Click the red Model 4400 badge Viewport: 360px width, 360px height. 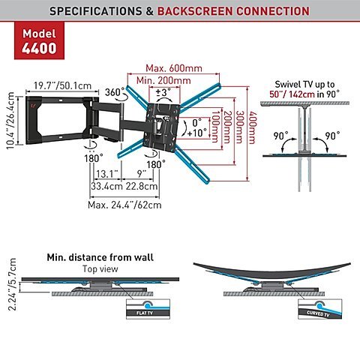tap(39, 40)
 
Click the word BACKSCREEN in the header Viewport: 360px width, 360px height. tap(196, 11)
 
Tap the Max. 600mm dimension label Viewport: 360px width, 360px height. tap(174, 68)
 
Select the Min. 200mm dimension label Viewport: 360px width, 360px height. tap(163, 80)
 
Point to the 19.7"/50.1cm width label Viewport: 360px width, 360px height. tap(62, 85)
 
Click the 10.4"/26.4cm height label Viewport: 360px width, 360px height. tap(11, 121)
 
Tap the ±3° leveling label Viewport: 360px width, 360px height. tap(163, 92)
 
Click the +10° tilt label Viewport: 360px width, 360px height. tap(197, 133)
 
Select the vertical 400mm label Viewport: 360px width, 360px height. tap(253, 127)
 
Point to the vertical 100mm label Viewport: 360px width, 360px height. tap(216, 127)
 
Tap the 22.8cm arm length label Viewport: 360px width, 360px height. tap(142, 186)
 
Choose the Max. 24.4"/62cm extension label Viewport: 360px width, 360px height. tap(124, 205)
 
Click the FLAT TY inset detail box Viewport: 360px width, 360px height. tap(148, 309)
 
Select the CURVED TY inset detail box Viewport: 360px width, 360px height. tap(320, 309)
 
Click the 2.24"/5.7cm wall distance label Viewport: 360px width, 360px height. tap(12, 284)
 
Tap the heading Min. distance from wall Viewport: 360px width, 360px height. tap(100, 257)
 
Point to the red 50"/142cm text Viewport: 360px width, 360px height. tap(292, 94)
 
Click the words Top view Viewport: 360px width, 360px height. tap(100, 269)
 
